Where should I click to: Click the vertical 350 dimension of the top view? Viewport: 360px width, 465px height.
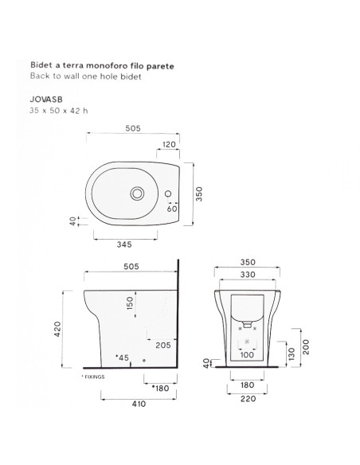(x=201, y=193)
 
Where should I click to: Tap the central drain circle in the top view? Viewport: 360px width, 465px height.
(x=138, y=193)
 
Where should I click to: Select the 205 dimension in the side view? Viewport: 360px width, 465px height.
(x=164, y=344)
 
